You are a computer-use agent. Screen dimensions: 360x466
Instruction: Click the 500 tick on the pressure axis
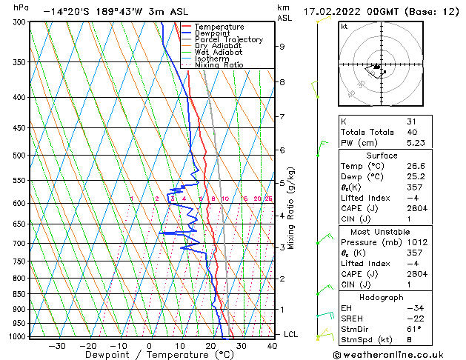pos(19,156)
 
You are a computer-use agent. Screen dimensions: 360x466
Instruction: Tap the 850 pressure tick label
pos(19,294)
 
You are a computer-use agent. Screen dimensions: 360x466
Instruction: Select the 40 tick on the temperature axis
pos(272,345)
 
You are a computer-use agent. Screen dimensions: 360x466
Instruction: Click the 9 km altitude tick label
pos(282,46)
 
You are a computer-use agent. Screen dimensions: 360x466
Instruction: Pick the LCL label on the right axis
pos(291,335)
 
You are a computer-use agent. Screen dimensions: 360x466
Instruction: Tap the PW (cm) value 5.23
pos(416,144)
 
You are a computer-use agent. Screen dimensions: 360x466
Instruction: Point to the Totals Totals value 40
pos(411,132)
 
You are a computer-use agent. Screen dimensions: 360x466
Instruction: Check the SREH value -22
pos(412,318)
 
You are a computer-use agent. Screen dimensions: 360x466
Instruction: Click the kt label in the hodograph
pos(344,26)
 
